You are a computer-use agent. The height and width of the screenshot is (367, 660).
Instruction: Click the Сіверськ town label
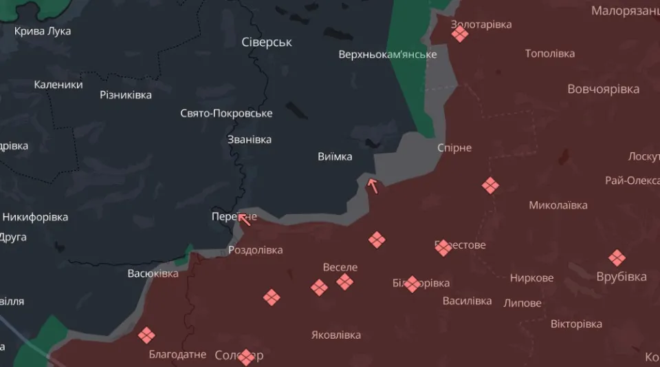(267, 42)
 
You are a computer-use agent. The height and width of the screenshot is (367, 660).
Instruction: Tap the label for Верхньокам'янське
(388, 54)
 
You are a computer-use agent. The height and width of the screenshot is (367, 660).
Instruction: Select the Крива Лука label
(43, 31)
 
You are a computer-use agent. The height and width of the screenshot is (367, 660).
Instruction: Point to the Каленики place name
(58, 85)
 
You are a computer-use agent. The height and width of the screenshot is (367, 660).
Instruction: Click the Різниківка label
(126, 94)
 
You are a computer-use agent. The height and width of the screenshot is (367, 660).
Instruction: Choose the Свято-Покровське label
(226, 113)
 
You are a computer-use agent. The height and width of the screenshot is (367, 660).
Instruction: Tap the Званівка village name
(250, 139)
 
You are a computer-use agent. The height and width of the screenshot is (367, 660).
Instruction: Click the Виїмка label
(335, 156)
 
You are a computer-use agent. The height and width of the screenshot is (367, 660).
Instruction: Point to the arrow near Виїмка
(373, 185)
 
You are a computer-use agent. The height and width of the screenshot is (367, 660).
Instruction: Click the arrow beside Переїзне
(243, 218)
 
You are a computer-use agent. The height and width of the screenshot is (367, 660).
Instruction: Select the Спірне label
(454, 147)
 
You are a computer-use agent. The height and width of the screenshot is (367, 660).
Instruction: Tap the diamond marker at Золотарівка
(460, 34)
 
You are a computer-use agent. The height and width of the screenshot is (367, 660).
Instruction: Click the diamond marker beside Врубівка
(617, 258)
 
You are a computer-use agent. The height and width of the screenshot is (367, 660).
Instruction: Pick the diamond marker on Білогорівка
(412, 284)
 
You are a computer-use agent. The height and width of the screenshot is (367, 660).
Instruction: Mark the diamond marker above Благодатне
(146, 335)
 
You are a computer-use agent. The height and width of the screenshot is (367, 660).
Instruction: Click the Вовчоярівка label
(603, 89)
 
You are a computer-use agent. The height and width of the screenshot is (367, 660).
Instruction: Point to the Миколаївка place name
(558, 205)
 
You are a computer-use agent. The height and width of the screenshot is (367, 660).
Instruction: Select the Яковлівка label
(336, 335)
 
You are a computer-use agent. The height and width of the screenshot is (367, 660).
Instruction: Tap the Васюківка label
(153, 273)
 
